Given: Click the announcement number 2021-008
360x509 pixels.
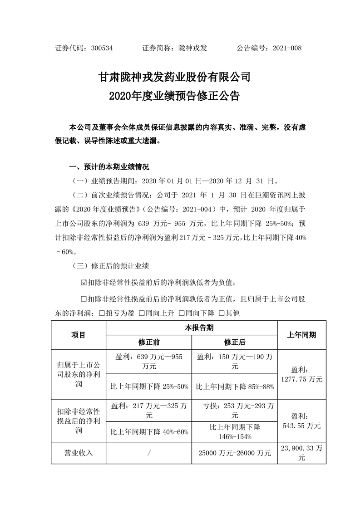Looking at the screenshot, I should click(x=287, y=48).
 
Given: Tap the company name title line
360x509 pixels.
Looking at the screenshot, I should click(x=175, y=77).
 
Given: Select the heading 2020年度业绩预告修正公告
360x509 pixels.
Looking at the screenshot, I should click(x=175, y=97).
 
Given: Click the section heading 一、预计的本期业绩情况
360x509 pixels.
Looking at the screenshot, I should click(x=108, y=166).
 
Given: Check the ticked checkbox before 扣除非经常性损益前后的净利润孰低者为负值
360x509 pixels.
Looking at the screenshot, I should click(x=83, y=283).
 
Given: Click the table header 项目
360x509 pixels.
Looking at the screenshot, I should click(x=79, y=335).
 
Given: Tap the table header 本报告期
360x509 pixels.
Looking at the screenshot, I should click(x=192, y=328).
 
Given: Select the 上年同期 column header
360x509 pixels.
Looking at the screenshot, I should click(x=302, y=335).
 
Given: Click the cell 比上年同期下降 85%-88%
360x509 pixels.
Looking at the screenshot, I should click(x=235, y=387).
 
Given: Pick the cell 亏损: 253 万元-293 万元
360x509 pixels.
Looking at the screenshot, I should click(x=235, y=409).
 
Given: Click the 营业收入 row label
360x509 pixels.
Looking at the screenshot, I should click(x=79, y=452).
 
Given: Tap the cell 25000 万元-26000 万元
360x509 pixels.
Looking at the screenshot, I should click(x=235, y=452).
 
